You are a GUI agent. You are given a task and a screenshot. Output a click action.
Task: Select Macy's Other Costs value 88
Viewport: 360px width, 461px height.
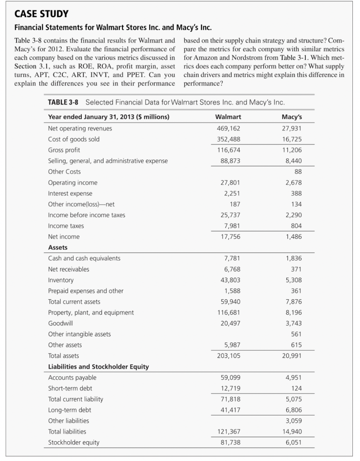pyautogui.click(x=298, y=172)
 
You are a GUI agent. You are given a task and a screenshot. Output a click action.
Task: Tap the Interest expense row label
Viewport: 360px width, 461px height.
pyautogui.click(x=70, y=194)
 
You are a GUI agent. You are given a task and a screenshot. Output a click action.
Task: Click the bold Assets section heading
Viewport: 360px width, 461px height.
pyautogui.click(x=58, y=248)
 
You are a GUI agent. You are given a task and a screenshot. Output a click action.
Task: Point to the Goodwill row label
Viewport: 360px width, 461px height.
pyautogui.click(x=60, y=323)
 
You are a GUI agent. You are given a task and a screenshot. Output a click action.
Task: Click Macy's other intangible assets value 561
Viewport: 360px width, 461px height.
pyautogui.click(x=297, y=334)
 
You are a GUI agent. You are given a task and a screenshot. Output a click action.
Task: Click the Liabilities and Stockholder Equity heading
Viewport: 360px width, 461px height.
pyautogui.click(x=98, y=366)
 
